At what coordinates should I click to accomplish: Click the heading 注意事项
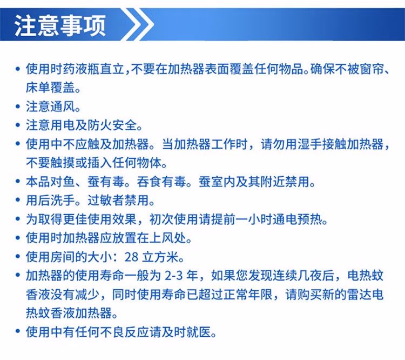(x=60, y=25)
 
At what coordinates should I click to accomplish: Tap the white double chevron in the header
(x=137, y=24)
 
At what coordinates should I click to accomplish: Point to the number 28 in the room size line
(x=131, y=257)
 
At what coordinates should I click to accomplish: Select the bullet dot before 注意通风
(x=18, y=106)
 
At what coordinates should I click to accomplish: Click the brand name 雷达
(x=359, y=295)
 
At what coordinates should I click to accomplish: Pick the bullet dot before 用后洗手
(x=18, y=201)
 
